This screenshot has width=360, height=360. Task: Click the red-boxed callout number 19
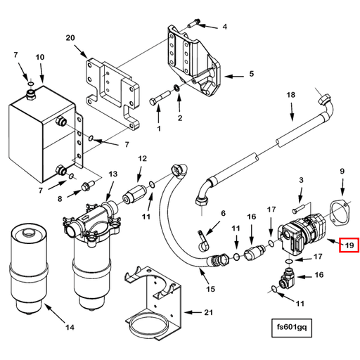click(x=349, y=245)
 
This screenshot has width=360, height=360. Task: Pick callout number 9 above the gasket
click(x=342, y=171)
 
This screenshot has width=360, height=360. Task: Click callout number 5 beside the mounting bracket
click(x=251, y=73)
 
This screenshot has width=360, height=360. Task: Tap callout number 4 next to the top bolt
click(x=224, y=27)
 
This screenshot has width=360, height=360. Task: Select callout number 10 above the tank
click(x=39, y=56)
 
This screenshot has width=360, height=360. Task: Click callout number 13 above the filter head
click(x=112, y=174)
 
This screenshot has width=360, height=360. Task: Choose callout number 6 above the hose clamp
click(x=224, y=214)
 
